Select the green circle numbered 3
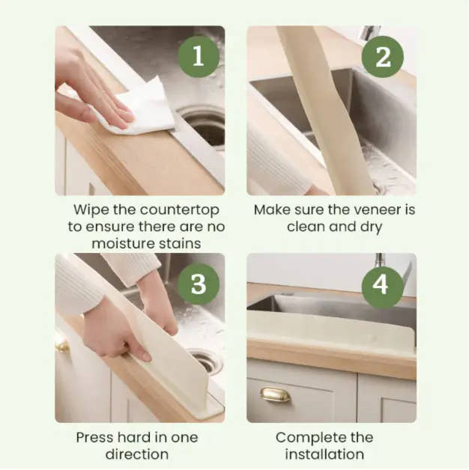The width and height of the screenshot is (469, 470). [199, 284]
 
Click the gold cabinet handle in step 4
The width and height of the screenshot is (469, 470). [275, 394]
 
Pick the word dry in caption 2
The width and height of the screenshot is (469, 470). [366, 227]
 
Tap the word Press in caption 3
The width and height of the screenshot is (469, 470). [95, 437]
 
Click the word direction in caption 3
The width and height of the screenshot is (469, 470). [137, 454]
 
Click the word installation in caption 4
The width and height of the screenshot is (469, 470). [324, 454]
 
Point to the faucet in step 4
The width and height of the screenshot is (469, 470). [382, 269]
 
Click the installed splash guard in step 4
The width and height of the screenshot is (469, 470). [330, 329]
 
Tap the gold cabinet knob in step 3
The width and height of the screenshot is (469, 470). [61, 344]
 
